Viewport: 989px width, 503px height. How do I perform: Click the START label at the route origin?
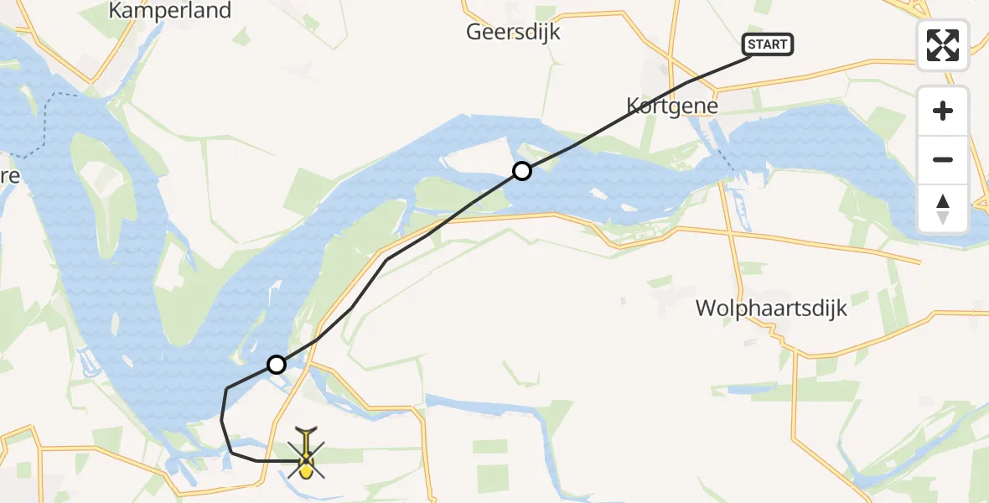pyautogui.click(x=768, y=44)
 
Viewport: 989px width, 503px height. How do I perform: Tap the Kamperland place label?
pyautogui.click(x=170, y=11)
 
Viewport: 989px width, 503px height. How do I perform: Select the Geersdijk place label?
pyautogui.click(x=514, y=33)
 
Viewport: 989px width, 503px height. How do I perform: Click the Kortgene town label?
pyautogui.click(x=672, y=106)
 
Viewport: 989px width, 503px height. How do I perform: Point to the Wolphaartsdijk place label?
pyautogui.click(x=771, y=309)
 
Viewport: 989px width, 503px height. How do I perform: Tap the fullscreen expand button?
pyautogui.click(x=943, y=45)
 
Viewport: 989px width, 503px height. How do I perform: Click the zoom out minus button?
pyautogui.click(x=943, y=159)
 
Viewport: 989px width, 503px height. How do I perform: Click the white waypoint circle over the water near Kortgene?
pyautogui.click(x=521, y=171)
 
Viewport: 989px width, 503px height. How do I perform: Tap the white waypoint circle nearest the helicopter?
pyautogui.click(x=276, y=364)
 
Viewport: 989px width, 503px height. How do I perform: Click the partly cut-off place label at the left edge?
pyautogui.click(x=8, y=176)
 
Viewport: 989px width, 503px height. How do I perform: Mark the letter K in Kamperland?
pyautogui.click(x=117, y=11)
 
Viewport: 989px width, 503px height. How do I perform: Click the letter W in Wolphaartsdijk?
pyautogui.click(x=705, y=309)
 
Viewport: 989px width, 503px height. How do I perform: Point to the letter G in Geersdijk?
pyautogui.click(x=474, y=33)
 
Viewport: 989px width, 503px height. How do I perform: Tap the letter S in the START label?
pyautogui.click(x=752, y=44)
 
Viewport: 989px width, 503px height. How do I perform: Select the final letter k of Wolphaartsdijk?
pyautogui.click(x=841, y=309)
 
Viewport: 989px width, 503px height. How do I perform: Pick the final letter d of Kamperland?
pyautogui.click(x=224, y=11)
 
